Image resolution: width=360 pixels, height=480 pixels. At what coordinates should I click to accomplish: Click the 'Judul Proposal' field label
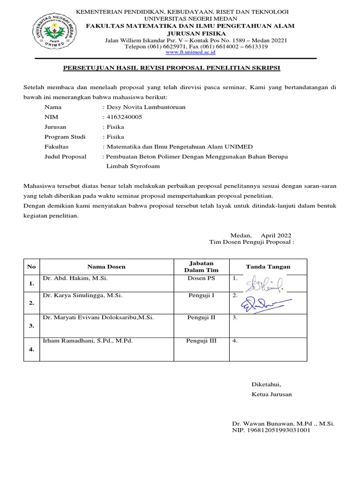(x=65, y=157)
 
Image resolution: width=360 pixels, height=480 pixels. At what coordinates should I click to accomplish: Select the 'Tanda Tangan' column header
(x=268, y=267)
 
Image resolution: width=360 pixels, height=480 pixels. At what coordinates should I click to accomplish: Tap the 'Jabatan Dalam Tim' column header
(x=201, y=267)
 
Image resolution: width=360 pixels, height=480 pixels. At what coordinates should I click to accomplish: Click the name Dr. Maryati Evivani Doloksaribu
(x=98, y=318)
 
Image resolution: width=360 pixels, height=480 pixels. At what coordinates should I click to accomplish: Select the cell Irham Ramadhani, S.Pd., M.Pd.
(x=88, y=341)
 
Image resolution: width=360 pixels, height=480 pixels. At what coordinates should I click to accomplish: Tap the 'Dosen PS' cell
(x=201, y=278)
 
